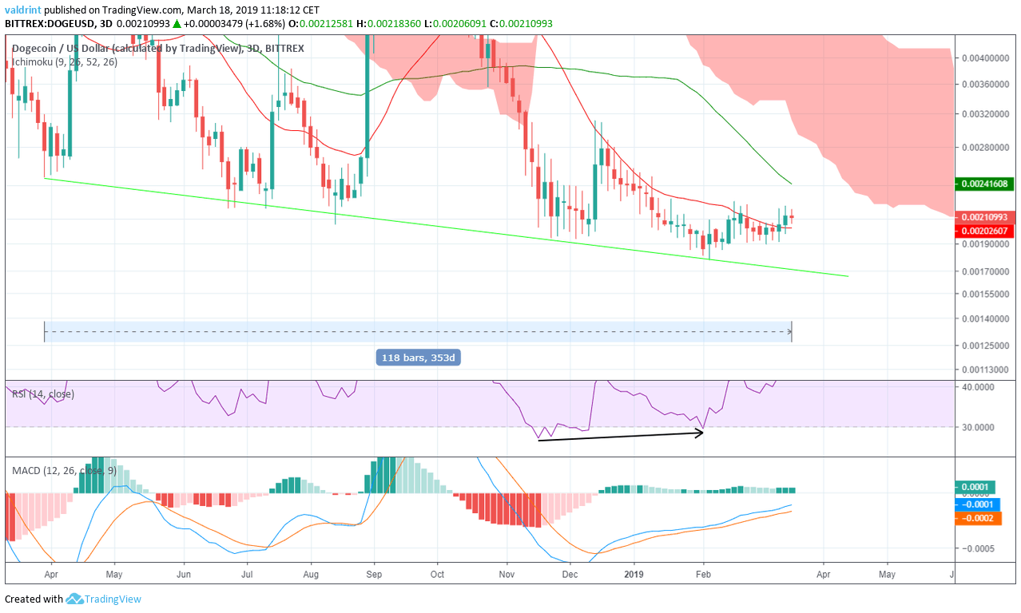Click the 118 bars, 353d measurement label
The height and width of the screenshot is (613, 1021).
(417, 358)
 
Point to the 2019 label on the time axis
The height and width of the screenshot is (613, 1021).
(634, 573)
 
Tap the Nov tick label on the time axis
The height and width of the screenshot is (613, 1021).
(507, 573)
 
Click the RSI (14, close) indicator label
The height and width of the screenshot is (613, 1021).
(45, 394)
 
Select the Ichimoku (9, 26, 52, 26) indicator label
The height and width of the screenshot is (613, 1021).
(65, 61)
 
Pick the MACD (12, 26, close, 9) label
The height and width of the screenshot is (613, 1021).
(65, 470)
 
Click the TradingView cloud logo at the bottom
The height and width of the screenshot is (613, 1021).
(76, 599)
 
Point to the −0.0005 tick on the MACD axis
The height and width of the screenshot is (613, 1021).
(981, 548)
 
